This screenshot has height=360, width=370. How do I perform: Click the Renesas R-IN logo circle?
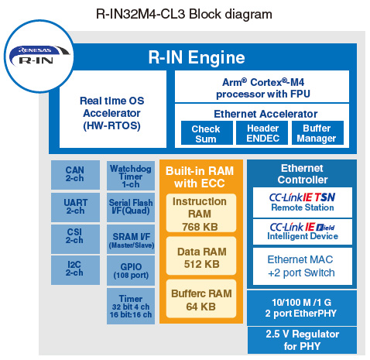(x=39, y=56)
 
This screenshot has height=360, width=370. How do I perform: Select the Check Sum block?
(x=207, y=133)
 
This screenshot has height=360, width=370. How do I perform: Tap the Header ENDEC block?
(x=262, y=133)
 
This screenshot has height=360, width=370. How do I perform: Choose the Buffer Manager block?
(x=317, y=133)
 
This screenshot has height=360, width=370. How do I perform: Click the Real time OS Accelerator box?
(x=113, y=109)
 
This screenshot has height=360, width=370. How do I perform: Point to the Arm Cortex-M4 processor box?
(x=262, y=87)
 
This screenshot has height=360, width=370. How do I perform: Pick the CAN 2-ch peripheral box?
(x=75, y=175)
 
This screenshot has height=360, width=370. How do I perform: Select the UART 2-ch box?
(x=75, y=207)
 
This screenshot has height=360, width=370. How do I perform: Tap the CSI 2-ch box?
(x=75, y=239)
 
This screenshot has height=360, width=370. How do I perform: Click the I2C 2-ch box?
(x=75, y=270)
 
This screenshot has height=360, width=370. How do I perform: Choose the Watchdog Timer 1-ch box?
(x=131, y=176)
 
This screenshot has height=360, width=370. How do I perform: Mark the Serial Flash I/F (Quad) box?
(x=131, y=207)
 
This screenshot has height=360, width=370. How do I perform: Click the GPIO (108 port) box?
(x=131, y=270)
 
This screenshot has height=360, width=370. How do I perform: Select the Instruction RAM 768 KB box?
(x=201, y=213)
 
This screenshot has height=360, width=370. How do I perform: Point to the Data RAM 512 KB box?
(x=201, y=255)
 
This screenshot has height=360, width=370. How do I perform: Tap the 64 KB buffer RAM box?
(x=201, y=299)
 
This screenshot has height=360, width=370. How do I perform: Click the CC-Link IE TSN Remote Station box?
(x=303, y=202)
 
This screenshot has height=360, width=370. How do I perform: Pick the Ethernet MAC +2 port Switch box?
(x=303, y=266)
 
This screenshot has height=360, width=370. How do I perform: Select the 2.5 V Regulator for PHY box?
(x=302, y=340)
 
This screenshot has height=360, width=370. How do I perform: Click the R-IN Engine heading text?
(x=197, y=57)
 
